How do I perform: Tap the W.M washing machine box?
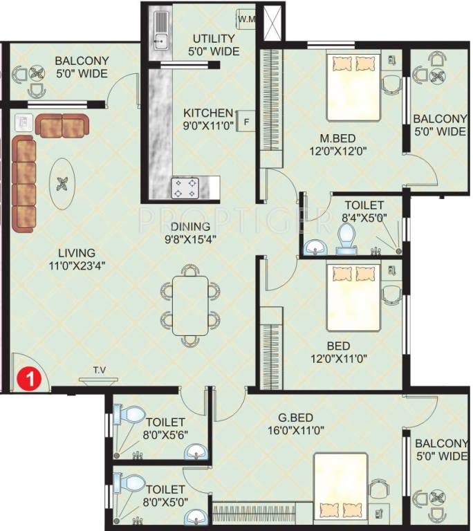click(x=247, y=19)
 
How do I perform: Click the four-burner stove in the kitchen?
click(x=185, y=186)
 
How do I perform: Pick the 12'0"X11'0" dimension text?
click(x=337, y=358)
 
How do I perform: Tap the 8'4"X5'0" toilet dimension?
click(x=364, y=218)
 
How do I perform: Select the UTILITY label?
click(x=214, y=37)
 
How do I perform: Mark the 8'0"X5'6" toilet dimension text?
click(x=166, y=434)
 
